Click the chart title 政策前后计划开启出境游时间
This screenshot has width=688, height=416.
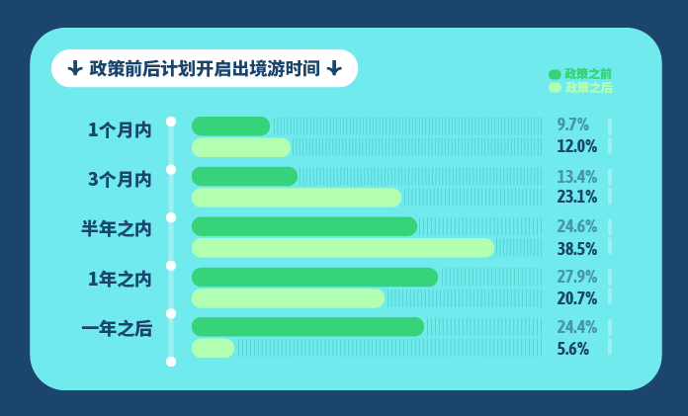[x=205, y=69]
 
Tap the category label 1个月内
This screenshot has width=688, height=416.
[x=120, y=129]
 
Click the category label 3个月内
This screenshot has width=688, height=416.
[x=120, y=180]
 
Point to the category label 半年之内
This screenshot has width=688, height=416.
[x=117, y=229]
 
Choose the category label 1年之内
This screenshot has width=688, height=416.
[x=120, y=280]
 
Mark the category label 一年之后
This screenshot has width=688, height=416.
[x=117, y=330]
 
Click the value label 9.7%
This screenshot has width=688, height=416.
[x=573, y=125]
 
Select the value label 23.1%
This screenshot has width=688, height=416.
[x=577, y=197]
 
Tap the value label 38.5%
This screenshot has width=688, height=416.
[x=577, y=247]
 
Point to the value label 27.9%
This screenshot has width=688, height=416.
[x=577, y=277]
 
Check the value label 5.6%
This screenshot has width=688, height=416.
[x=573, y=348]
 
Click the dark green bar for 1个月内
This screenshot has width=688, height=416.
[x=230, y=125]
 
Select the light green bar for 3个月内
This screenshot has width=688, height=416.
[x=297, y=197]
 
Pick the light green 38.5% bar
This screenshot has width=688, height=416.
[x=343, y=247]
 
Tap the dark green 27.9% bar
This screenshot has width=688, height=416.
[x=314, y=277]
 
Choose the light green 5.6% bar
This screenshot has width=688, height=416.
[x=213, y=348]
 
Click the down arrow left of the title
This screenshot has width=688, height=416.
[x=75, y=68]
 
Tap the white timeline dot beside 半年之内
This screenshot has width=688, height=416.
[x=171, y=217]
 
